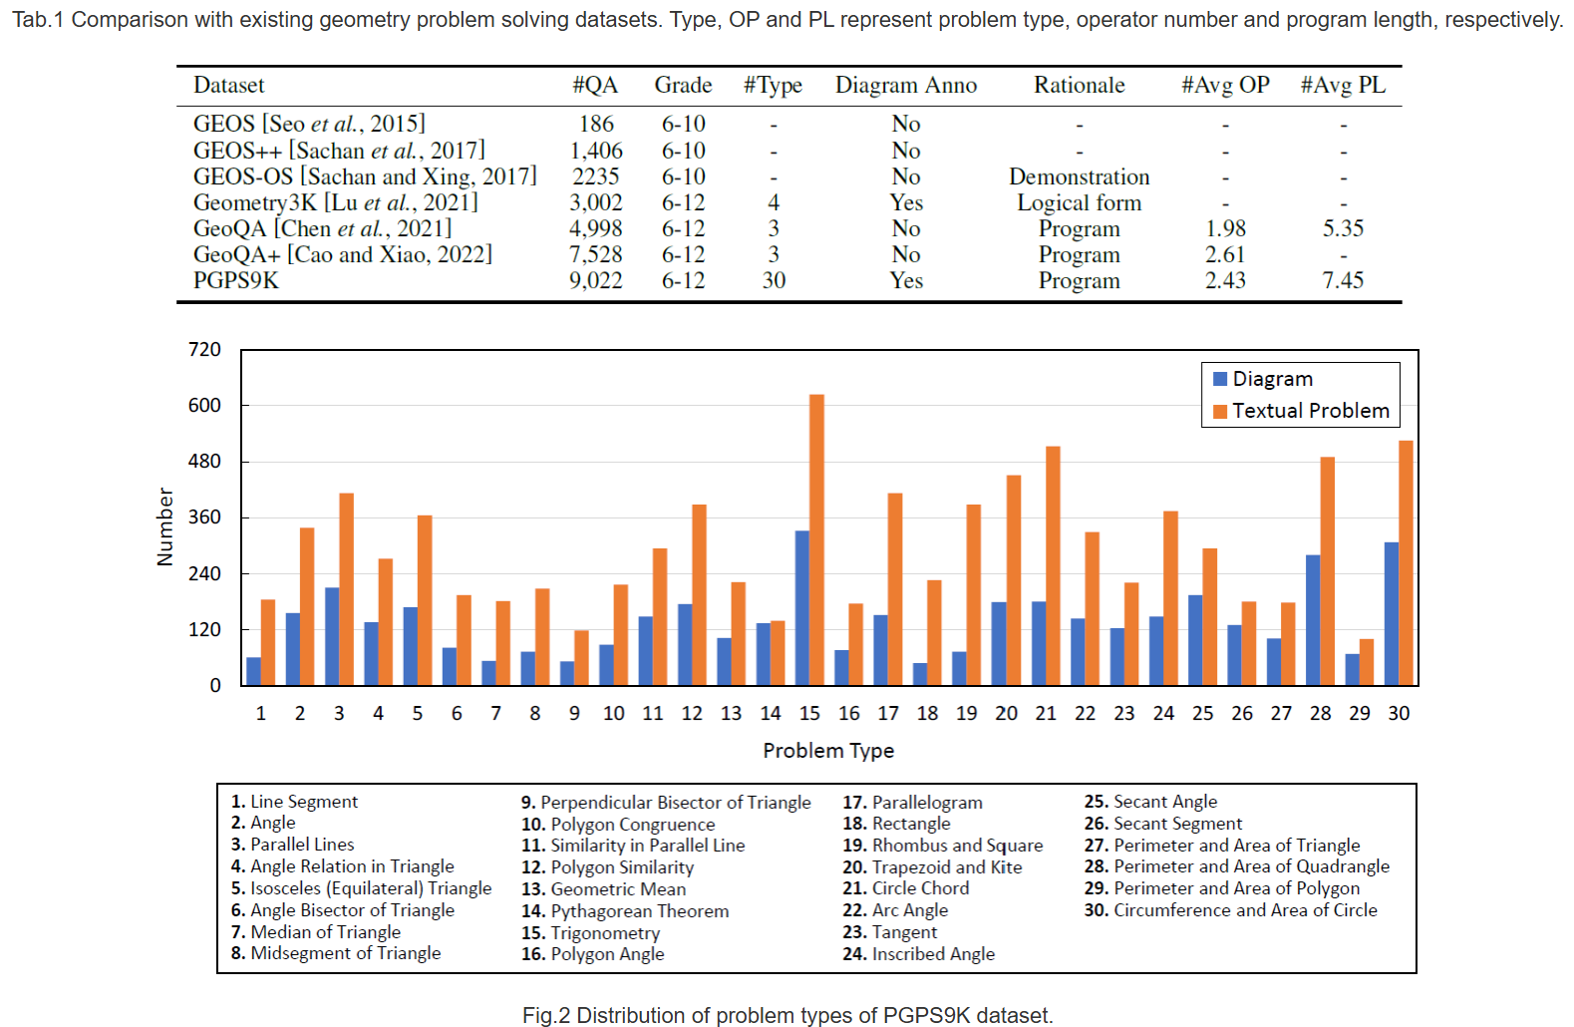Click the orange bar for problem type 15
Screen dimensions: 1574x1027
[816, 539]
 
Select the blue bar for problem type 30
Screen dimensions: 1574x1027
[1392, 613]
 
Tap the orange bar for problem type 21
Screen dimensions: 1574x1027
[1053, 566]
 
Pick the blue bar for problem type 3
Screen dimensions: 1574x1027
[332, 636]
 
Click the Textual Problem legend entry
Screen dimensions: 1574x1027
[1301, 411]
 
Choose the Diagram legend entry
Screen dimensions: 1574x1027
[1263, 379]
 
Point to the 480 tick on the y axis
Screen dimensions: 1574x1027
[203, 461]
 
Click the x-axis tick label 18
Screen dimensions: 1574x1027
[927, 714]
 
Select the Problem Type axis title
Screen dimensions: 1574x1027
[828, 751]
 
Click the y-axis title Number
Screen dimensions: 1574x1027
[164, 526]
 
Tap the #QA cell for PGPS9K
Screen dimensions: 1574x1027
[596, 280]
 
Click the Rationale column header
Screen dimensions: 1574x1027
[1080, 85]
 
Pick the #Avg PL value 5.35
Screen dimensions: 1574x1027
[1343, 228]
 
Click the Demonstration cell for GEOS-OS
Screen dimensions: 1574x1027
[1080, 176]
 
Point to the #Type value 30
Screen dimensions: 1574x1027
[774, 280]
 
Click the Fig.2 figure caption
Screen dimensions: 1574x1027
[787, 1015]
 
